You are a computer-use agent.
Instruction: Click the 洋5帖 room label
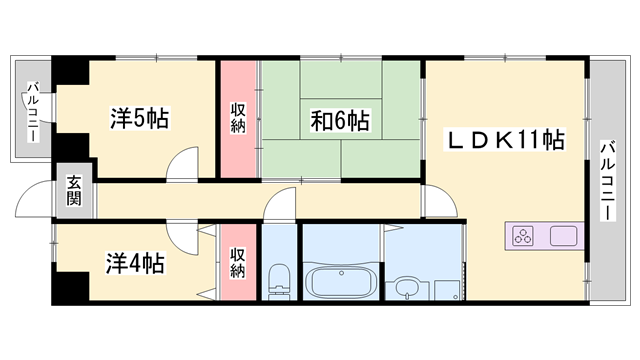[x=138, y=119]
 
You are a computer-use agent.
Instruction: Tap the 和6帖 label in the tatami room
[x=340, y=122]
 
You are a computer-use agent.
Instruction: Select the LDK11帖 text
[x=504, y=141]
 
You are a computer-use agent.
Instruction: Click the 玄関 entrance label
[x=75, y=189]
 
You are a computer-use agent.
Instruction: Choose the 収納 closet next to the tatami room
[x=238, y=119]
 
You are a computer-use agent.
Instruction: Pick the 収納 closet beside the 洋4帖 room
[x=238, y=263]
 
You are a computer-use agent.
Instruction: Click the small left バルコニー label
[x=32, y=111]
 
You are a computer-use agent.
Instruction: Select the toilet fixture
[x=279, y=279]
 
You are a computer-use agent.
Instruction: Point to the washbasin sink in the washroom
[x=407, y=287]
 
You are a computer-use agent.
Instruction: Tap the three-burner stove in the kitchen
[x=525, y=237]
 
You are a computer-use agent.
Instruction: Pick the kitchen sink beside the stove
[x=563, y=237]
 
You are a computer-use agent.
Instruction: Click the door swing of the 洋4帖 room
[x=183, y=238]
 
